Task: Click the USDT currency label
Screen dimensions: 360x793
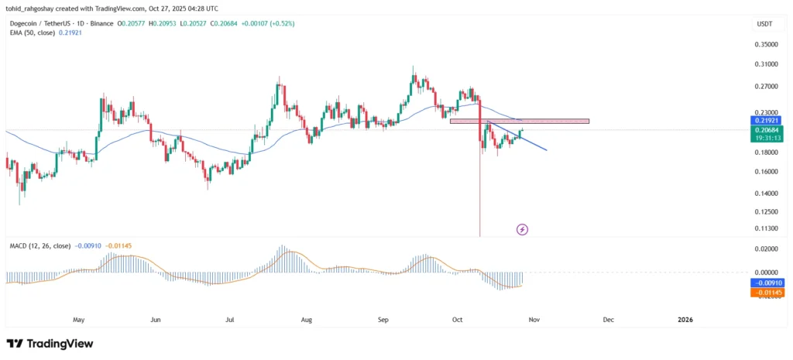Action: [x=764, y=24]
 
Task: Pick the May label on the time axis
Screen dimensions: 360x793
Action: [x=78, y=319]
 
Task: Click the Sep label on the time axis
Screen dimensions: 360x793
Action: [x=381, y=319]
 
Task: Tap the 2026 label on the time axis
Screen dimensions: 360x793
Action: [x=685, y=319]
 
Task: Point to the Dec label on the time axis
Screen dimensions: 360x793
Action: [x=609, y=319]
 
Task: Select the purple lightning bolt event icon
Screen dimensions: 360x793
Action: [x=522, y=229]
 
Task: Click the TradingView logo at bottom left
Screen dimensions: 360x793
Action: [x=50, y=344]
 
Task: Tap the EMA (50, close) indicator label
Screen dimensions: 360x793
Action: [x=36, y=35]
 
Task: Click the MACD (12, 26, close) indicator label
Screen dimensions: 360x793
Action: [x=39, y=245]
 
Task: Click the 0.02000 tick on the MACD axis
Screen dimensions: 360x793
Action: [x=763, y=249]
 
